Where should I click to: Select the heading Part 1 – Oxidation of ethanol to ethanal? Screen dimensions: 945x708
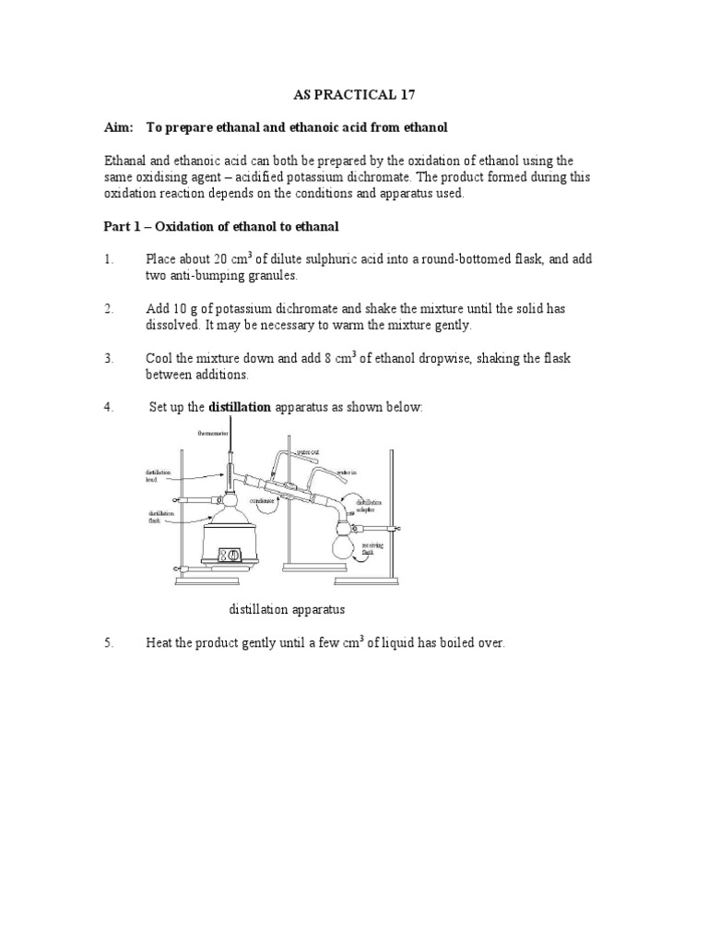pos(221,227)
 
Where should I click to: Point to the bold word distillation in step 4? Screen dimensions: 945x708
pos(240,407)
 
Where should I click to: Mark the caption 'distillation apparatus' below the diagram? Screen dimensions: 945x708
pos(287,610)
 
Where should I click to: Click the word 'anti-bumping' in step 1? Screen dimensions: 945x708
pos(202,276)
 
